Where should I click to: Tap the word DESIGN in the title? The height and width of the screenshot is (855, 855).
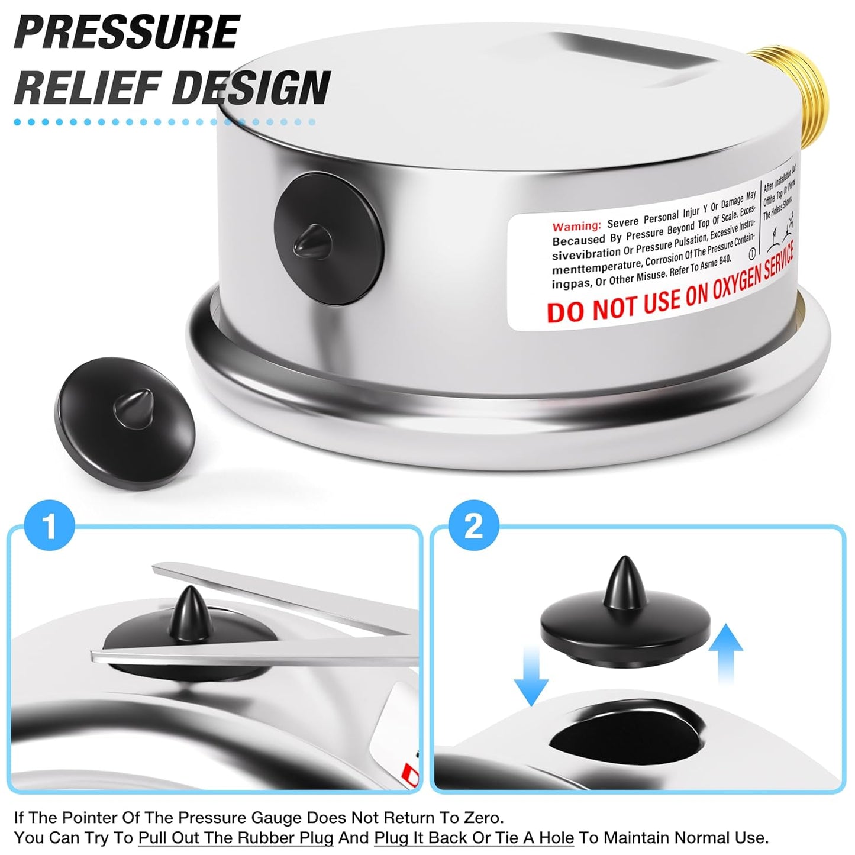click(254, 87)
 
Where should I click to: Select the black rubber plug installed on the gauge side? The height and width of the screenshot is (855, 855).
click(329, 238)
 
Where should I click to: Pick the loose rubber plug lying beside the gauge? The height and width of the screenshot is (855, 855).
click(126, 422)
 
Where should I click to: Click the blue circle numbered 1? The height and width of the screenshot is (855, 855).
click(50, 526)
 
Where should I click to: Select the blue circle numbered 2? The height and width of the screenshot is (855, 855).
click(473, 526)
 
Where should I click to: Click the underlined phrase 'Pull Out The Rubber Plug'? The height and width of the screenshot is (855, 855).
click(235, 838)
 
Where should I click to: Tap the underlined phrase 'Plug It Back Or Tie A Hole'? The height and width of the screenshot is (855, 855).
click(474, 838)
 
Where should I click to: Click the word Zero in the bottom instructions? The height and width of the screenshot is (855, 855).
click(480, 818)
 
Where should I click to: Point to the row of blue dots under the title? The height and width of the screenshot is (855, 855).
click(164, 122)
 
